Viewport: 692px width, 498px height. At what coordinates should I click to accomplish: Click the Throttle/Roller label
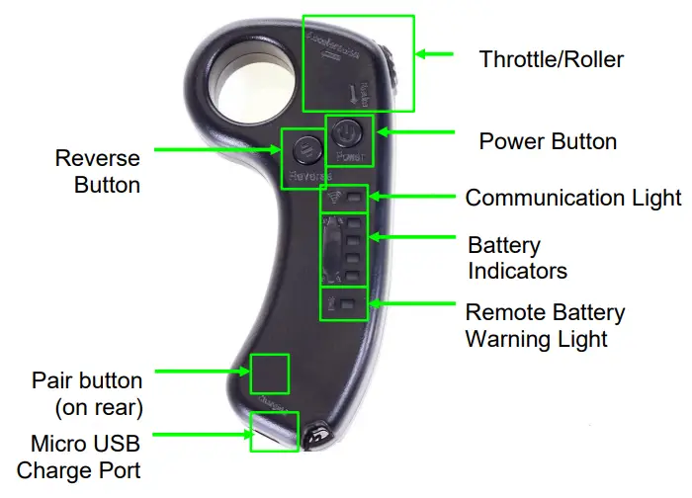coord(552,58)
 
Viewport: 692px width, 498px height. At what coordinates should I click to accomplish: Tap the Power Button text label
coord(548,141)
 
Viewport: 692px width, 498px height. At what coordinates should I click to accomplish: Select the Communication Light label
coord(573,198)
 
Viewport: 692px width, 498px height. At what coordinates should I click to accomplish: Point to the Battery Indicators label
coord(517,257)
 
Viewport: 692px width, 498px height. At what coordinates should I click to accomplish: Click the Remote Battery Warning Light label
coord(545,326)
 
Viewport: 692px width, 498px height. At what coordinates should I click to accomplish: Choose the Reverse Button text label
coord(97,171)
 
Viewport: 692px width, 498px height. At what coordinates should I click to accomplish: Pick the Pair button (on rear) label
coord(87,392)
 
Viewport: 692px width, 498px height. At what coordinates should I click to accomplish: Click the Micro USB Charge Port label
coord(79,456)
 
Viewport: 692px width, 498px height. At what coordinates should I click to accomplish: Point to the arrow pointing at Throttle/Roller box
coord(435,54)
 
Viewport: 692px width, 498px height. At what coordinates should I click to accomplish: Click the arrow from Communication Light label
coord(409,197)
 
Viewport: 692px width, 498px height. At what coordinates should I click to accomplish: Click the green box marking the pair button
coord(269,375)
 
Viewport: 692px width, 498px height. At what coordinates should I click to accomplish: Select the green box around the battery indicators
coord(344,251)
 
